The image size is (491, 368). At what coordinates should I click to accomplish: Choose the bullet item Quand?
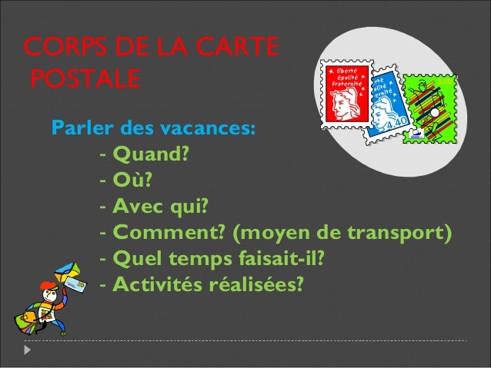pos(151,154)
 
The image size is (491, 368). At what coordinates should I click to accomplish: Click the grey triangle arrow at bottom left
pos(28,350)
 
